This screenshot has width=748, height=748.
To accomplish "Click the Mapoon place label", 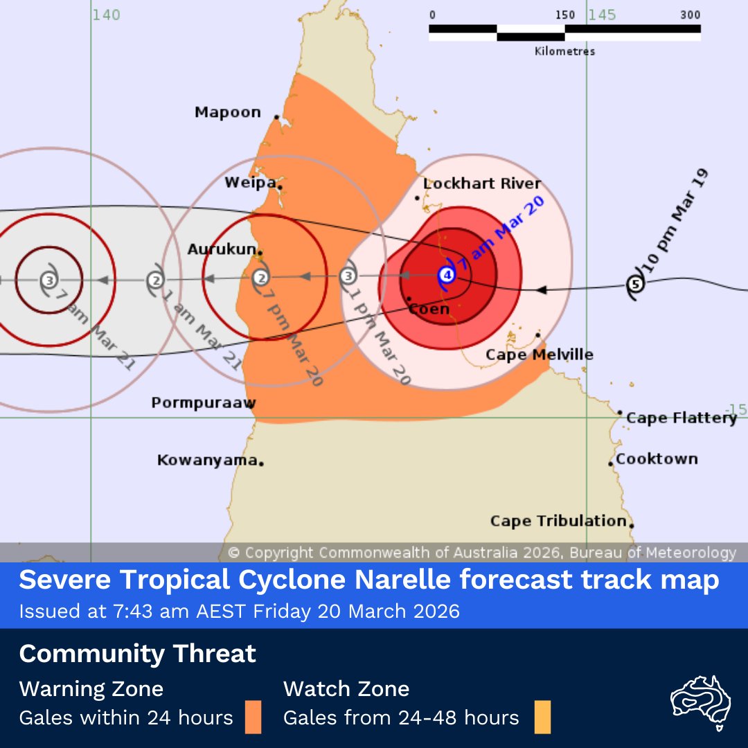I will tap(228, 112).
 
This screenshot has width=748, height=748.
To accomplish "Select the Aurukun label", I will tap(221, 249).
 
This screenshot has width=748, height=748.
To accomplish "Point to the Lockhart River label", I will tap(482, 184).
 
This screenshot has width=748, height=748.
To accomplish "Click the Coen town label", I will tap(429, 309).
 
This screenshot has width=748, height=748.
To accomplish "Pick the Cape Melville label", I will tap(539, 355).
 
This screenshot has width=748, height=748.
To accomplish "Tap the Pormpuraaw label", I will tap(204, 402).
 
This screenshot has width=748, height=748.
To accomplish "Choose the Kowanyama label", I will tap(207, 460).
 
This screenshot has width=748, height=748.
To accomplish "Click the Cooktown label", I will tap(657, 458).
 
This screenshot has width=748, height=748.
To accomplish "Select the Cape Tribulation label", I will tap(558, 521).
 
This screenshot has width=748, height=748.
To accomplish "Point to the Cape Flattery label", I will tap(682, 418).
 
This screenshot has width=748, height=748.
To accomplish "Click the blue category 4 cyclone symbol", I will tap(447, 276).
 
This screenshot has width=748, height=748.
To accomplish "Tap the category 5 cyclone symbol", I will tap(634, 284).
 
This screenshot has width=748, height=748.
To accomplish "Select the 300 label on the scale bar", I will tap(690, 15).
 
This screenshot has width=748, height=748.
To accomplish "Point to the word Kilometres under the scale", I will tap(564, 51).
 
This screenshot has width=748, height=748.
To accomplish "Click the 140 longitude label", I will tap(106, 15).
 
